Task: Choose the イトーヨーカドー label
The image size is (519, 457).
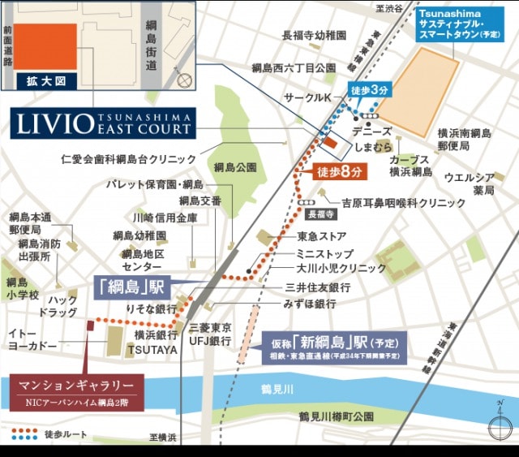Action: point(32,339)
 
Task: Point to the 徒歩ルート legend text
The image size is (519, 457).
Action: point(63,433)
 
